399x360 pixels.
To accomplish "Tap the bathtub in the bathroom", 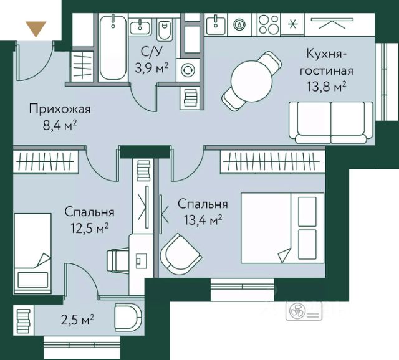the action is click(x=113, y=48).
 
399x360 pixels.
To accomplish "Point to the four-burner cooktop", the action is click(x=269, y=25).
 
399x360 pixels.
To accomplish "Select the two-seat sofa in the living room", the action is click(x=331, y=123).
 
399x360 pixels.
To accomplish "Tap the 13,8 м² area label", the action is click(x=327, y=87).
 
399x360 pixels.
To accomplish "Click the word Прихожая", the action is click(x=60, y=110).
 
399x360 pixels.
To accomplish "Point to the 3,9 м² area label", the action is click(x=151, y=68).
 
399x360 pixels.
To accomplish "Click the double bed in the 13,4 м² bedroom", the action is click(x=282, y=228).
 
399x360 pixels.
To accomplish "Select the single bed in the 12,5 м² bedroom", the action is click(x=32, y=253).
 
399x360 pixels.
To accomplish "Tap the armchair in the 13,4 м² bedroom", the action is click(x=181, y=254).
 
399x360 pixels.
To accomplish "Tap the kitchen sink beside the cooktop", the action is click(x=216, y=24).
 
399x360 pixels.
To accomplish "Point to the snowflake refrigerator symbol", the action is click(x=292, y=24).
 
